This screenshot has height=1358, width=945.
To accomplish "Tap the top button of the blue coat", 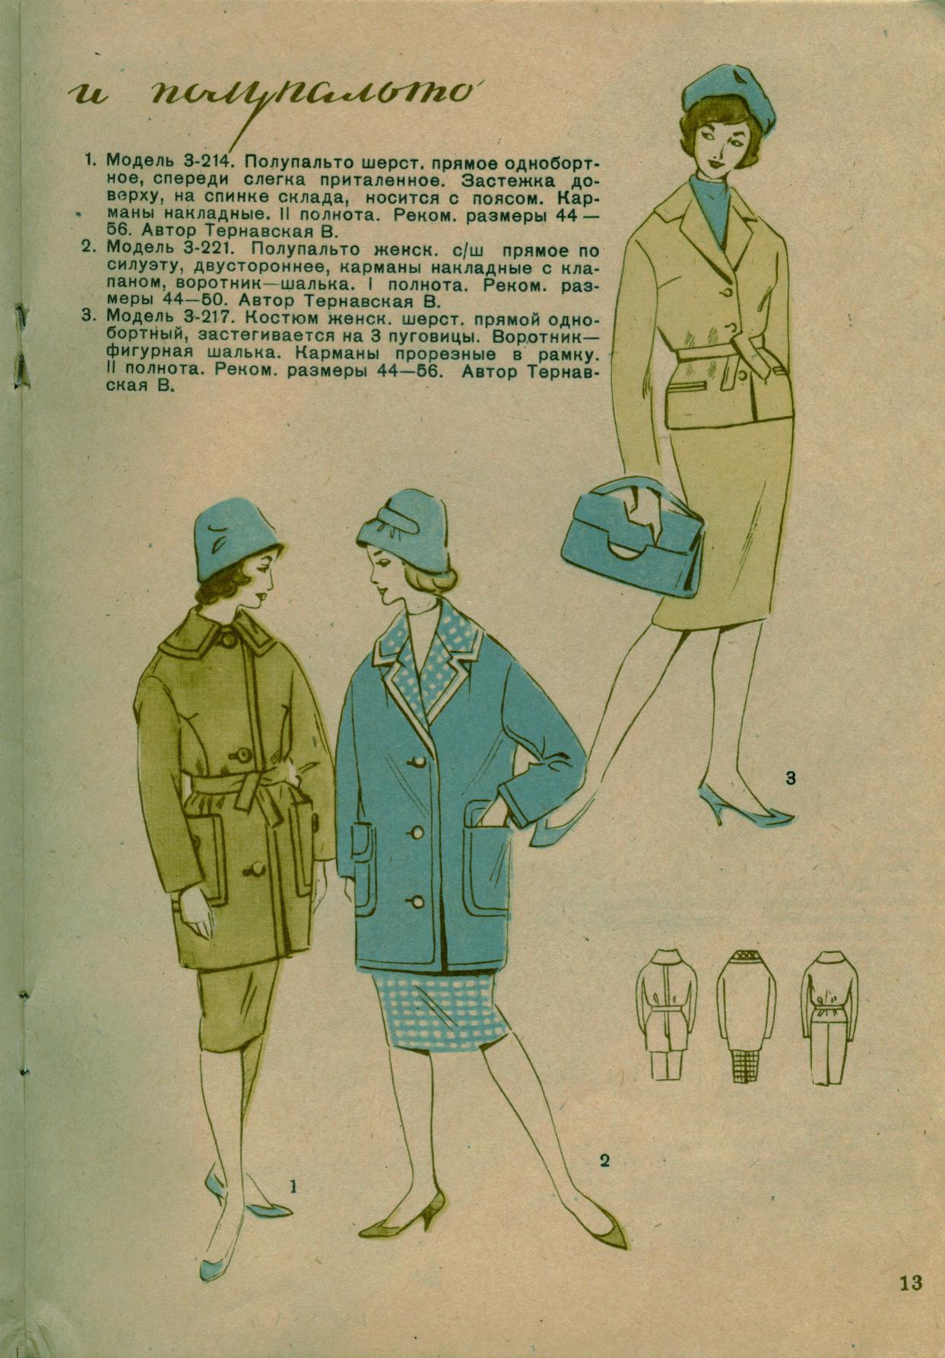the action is coord(418,762).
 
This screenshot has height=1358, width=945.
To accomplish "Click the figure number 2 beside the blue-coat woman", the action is coord(604,1160).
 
